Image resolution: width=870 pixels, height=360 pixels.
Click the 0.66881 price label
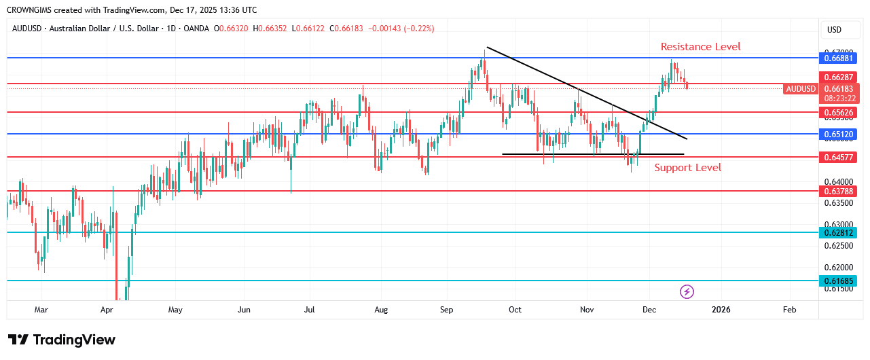tap(838, 58)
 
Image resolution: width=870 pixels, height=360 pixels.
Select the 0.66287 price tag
tap(838, 77)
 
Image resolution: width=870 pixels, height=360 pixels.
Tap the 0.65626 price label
tap(838, 112)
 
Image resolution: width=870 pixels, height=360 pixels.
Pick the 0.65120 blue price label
tap(838, 134)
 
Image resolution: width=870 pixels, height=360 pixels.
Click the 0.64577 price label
tap(838, 157)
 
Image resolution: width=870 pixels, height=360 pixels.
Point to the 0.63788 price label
tap(838, 191)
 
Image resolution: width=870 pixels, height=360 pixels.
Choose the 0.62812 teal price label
tap(838, 232)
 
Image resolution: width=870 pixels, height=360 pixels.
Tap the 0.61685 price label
tap(838, 281)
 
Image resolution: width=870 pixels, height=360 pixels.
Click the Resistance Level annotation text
tap(700, 47)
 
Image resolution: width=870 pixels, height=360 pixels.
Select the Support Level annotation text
tap(687, 168)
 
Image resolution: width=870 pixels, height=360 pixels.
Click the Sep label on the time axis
tap(446, 310)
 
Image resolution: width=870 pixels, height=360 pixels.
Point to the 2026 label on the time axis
tap(721, 310)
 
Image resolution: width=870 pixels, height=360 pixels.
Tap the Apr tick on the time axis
tap(107, 310)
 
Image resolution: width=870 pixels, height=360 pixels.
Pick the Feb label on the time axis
tap(789, 310)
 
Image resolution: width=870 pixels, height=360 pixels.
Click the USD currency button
tap(833, 30)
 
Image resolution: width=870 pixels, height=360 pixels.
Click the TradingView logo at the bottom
tap(62, 340)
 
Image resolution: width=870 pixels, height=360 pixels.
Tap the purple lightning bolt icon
tap(687, 292)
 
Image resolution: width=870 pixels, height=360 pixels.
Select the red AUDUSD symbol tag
tap(800, 89)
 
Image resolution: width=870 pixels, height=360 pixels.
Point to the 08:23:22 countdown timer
tap(838, 98)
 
